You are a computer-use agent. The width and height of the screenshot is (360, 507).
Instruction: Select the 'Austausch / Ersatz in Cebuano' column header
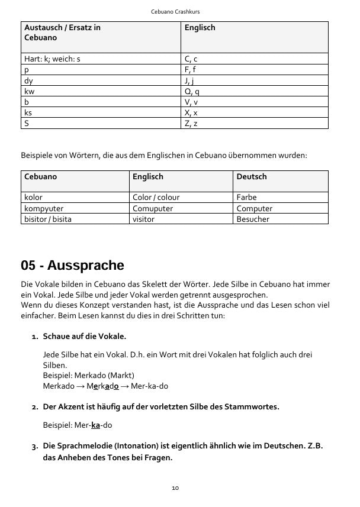[x=62, y=33]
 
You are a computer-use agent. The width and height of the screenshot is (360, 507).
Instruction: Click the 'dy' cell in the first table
[x=28, y=80]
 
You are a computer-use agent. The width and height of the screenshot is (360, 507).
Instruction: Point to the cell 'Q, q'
[x=192, y=91]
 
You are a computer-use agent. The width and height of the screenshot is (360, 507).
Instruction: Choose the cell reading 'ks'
[x=28, y=112]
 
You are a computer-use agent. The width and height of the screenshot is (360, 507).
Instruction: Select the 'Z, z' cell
[x=191, y=123]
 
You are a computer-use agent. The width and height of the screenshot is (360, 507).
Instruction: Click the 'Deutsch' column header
[x=252, y=177]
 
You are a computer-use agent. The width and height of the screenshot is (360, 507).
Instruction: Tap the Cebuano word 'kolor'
[x=33, y=198]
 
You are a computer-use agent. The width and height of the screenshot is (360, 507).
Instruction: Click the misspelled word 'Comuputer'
[x=153, y=208]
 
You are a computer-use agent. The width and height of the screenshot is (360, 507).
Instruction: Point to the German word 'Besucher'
[x=253, y=219]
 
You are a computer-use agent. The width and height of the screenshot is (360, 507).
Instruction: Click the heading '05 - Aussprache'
[x=72, y=264]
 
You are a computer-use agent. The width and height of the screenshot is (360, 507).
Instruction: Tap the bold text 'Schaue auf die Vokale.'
[x=85, y=337]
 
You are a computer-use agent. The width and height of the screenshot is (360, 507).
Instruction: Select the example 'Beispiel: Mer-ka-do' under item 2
[x=77, y=425]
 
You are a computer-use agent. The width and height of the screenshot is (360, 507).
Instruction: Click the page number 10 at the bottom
[x=175, y=488]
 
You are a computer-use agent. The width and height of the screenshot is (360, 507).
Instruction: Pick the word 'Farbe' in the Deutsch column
[x=246, y=198]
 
